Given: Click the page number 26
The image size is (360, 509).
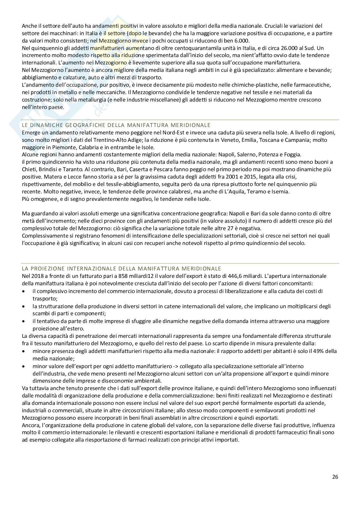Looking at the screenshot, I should [x=335, y=486].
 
